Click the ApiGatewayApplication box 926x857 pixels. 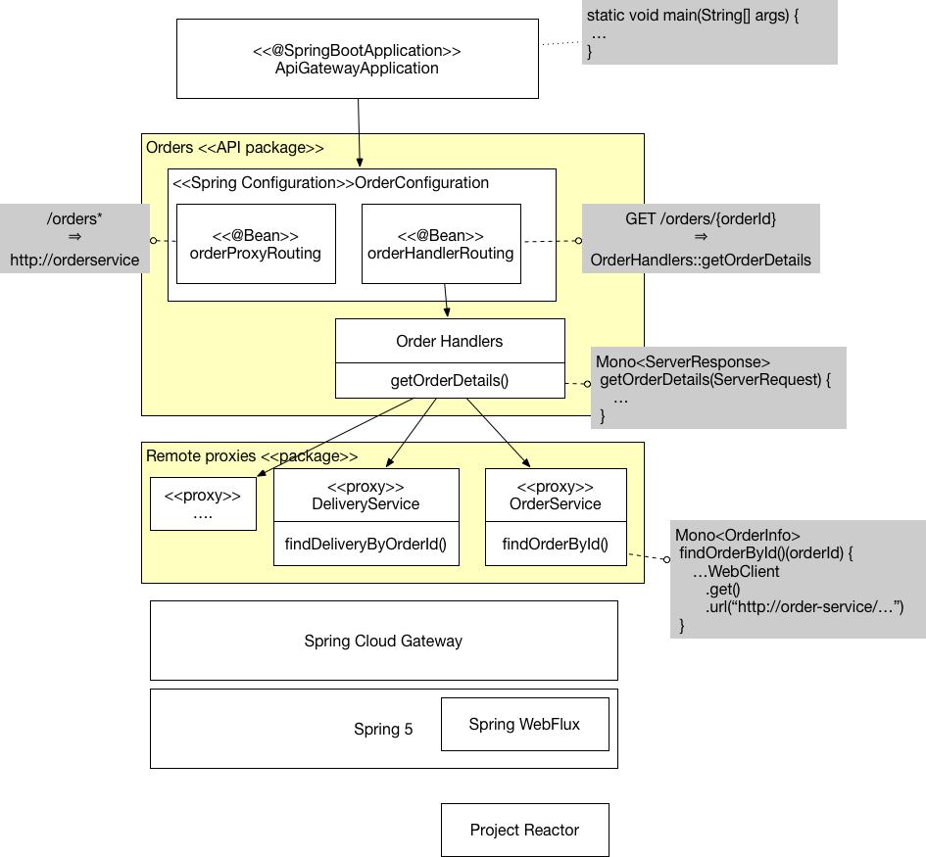click(x=357, y=59)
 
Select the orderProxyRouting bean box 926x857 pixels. click(x=255, y=244)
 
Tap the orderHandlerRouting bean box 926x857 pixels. click(x=440, y=244)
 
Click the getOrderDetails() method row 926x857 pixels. click(x=450, y=380)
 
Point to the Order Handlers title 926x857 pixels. click(x=450, y=341)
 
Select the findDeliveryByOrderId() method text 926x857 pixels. click(x=366, y=545)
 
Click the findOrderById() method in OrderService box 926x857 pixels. click(x=556, y=545)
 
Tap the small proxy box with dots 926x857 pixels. click(x=203, y=503)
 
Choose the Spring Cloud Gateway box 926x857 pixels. click(x=383, y=641)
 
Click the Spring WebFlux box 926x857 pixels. click(x=524, y=724)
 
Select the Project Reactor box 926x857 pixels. click(x=524, y=830)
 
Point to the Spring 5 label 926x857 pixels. click(x=383, y=730)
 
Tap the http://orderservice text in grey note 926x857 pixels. click(x=74, y=261)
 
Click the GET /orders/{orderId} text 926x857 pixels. click(x=700, y=218)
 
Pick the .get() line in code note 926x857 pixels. click(x=722, y=590)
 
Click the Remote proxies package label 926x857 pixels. click(x=252, y=456)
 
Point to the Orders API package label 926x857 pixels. click(x=234, y=148)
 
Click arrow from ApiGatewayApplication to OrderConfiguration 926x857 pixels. click(x=359, y=132)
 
